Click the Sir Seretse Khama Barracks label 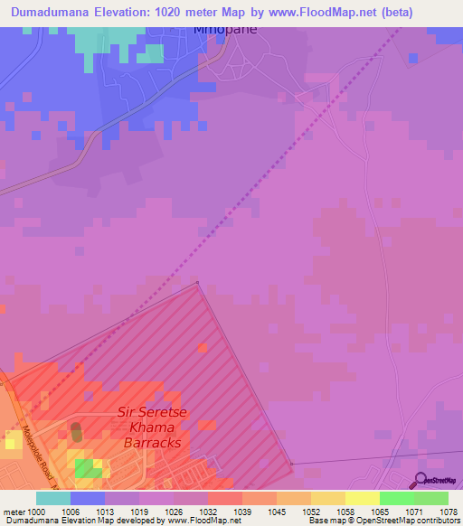tap(152, 427)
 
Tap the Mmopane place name tap(225, 29)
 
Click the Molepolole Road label tap(42, 457)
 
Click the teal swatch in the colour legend tap(52, 497)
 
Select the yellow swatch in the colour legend tap(362, 497)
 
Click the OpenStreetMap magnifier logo tap(420, 480)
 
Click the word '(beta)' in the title tap(390, 12)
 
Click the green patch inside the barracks tap(88, 467)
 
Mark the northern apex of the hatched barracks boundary tap(198, 283)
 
